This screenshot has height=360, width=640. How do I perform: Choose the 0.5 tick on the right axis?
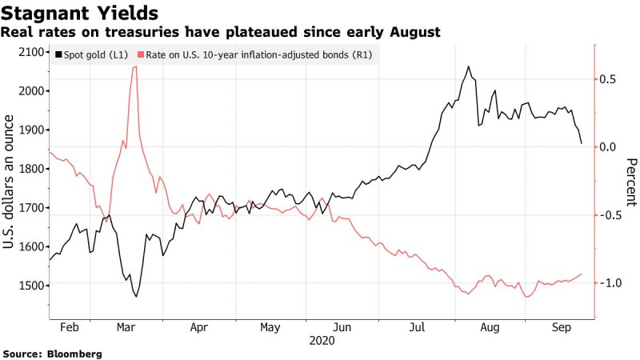[x=608, y=79]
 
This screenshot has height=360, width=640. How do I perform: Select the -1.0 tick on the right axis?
[x=608, y=283]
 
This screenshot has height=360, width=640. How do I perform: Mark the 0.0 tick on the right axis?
[x=608, y=147]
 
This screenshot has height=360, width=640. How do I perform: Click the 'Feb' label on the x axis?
[x=69, y=327]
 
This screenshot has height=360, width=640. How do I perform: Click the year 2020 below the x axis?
[x=321, y=339]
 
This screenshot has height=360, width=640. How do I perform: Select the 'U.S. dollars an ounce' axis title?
[x=10, y=182]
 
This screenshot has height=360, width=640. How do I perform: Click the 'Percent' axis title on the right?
[x=631, y=182]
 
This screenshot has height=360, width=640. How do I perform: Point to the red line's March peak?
[x=134, y=67]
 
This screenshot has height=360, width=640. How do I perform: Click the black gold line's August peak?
[x=468, y=67]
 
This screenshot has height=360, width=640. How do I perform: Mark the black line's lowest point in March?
[x=136, y=297]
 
